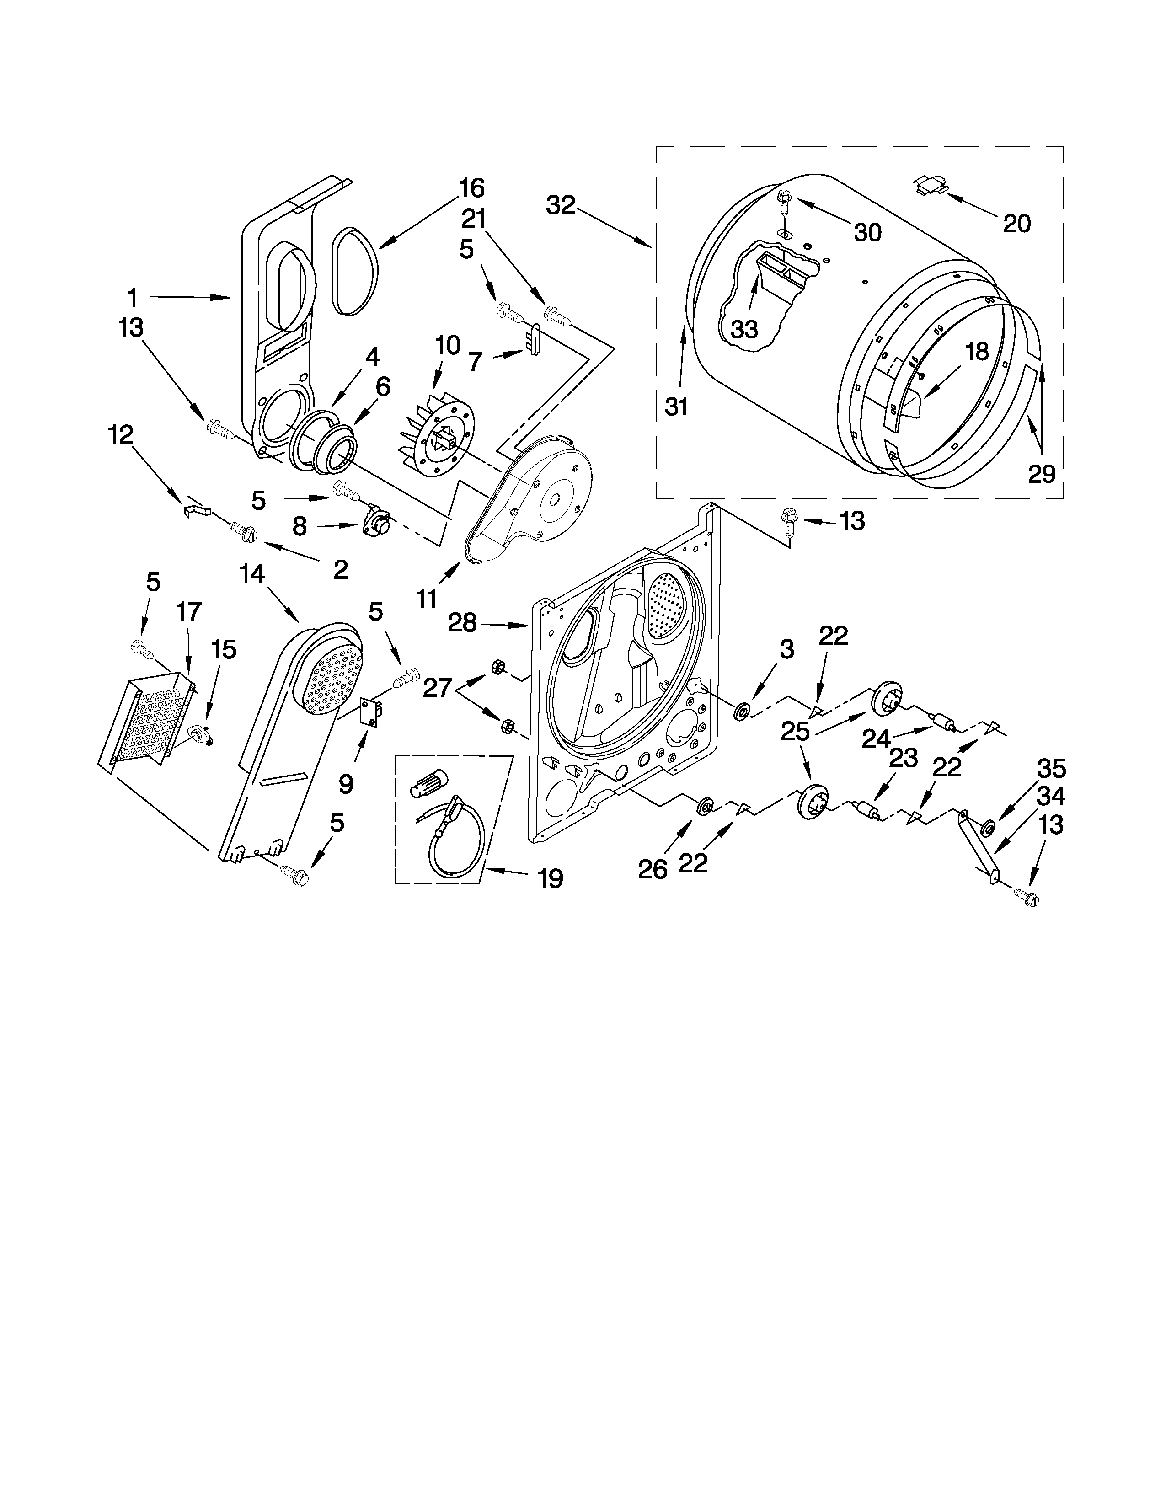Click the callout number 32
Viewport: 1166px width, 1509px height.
click(560, 205)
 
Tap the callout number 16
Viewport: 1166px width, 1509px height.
click(472, 188)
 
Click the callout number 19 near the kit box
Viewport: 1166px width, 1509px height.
click(550, 879)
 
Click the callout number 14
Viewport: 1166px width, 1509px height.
click(252, 573)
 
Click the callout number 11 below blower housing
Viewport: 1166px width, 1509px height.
click(426, 599)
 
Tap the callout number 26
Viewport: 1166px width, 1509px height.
click(652, 869)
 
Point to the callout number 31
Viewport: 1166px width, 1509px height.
click(676, 407)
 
